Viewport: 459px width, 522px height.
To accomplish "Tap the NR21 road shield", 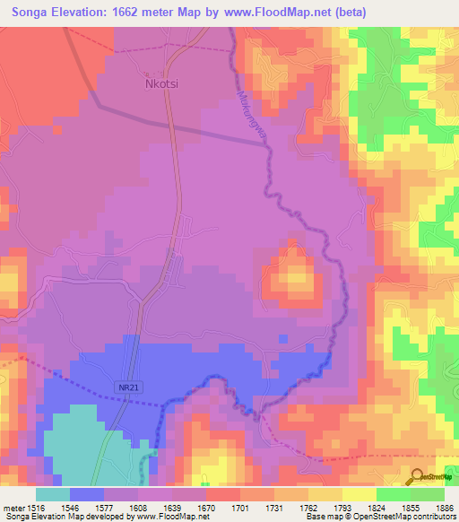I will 128,385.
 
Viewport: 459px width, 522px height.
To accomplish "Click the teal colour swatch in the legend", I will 52,494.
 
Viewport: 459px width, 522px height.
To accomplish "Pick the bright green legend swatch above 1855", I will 393,494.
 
